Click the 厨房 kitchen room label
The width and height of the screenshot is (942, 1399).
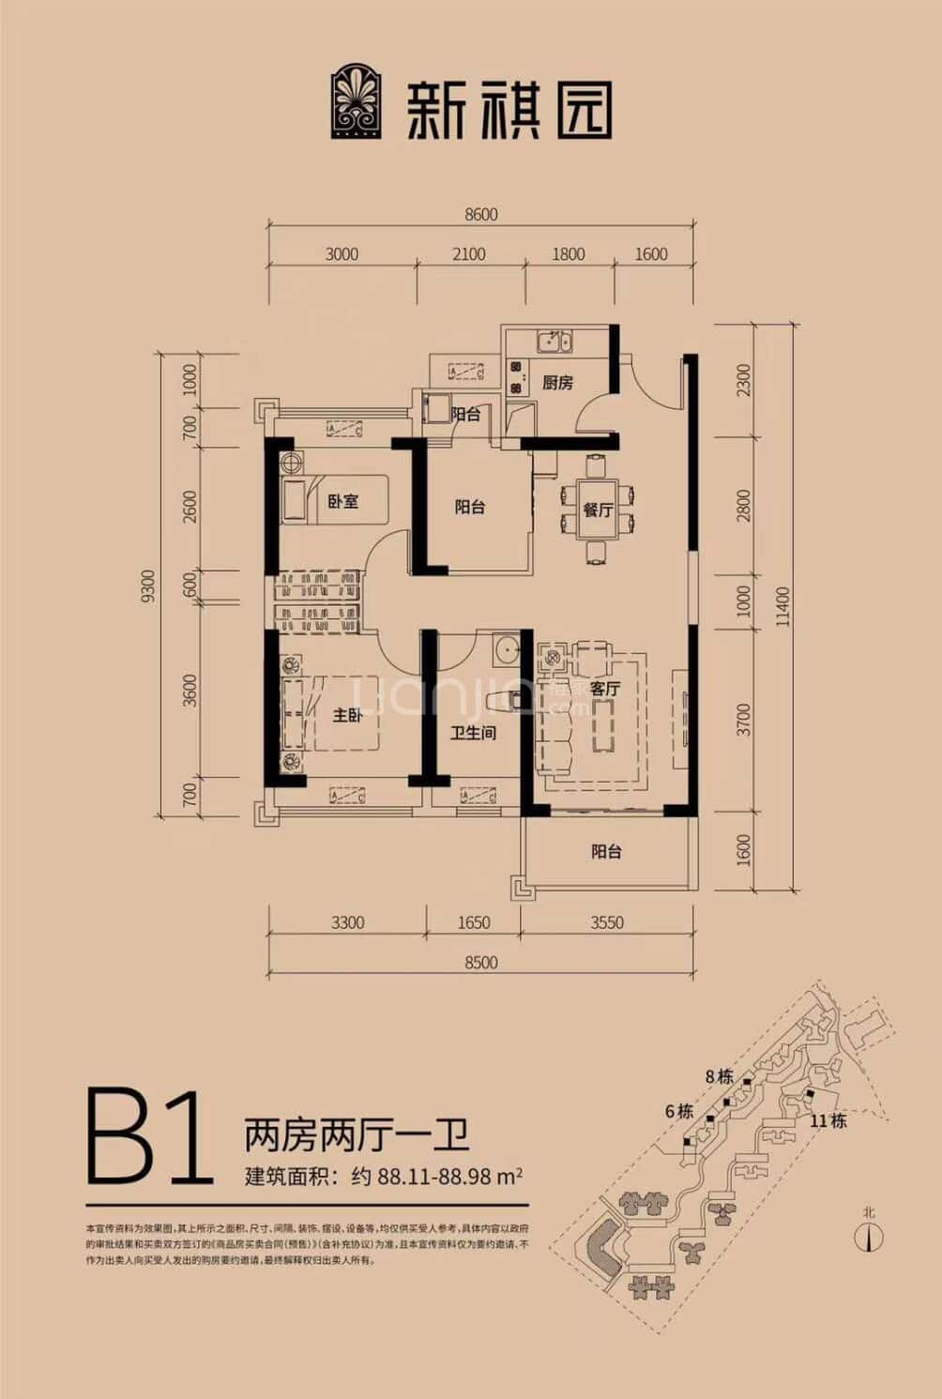point(557,382)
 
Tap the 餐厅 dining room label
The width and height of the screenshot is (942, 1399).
point(598,510)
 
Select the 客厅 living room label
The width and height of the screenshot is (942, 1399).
point(605,689)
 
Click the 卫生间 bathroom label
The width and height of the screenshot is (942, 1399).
point(472,732)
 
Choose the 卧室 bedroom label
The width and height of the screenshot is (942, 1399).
point(342,500)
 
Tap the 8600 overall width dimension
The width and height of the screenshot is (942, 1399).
point(481,214)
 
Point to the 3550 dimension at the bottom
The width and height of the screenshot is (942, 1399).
point(607,922)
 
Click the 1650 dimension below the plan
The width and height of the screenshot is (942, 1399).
point(474,922)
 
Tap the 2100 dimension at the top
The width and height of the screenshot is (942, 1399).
point(468,253)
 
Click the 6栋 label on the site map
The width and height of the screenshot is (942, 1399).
point(678,1111)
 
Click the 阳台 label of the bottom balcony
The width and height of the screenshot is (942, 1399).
point(606,852)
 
